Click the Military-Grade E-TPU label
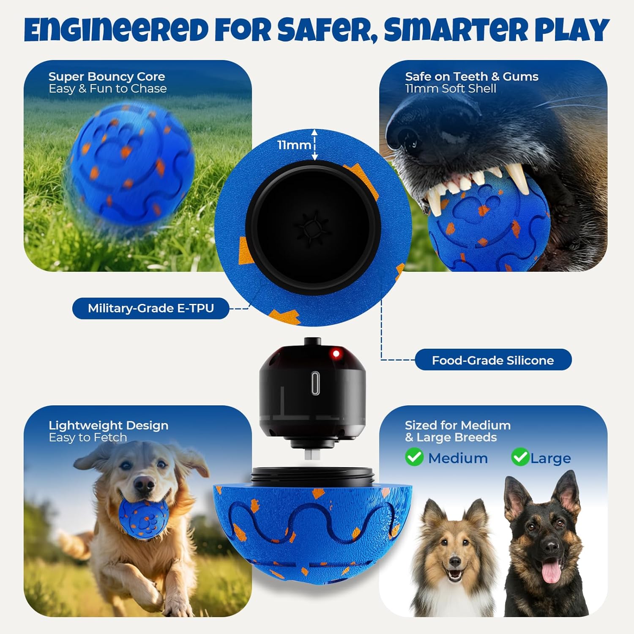[151, 308]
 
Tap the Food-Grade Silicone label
[493, 360]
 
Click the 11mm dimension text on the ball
[294, 145]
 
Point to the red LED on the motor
[336, 353]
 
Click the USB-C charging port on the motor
[315, 383]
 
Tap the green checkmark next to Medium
[414, 457]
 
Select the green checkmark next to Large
[520, 457]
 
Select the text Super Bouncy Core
[107, 77]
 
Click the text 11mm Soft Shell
[451, 88]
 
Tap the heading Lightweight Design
[109, 425]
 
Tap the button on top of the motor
[312, 341]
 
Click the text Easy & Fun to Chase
[108, 88]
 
